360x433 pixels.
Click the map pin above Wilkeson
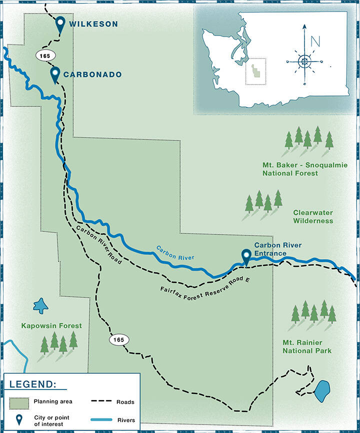point(60,24)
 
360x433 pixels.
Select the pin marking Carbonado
point(55,74)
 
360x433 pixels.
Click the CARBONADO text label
point(92,74)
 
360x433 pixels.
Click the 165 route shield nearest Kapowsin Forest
point(119,340)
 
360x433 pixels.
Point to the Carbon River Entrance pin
point(246,256)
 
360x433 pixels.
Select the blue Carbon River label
point(174,251)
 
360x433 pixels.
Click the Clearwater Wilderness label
point(313,216)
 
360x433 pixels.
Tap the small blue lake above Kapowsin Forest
point(39,305)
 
